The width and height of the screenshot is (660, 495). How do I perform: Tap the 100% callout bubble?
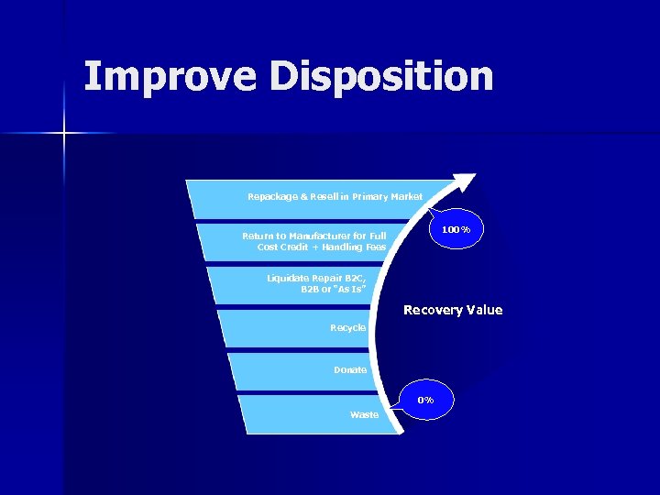pos(456,229)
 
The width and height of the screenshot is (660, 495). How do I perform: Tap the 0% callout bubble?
pos(425,400)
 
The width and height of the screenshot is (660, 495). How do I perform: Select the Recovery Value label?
pos(453,310)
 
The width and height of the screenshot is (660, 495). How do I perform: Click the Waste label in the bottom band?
pos(364,415)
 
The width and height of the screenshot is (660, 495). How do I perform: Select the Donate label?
pos(350,370)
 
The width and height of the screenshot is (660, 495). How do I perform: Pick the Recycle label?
pos(348,327)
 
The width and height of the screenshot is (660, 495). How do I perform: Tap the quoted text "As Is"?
pos(348,289)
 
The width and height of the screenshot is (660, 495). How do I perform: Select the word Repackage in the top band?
pos(272,196)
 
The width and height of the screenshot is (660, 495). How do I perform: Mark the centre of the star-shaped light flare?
pos(64,134)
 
